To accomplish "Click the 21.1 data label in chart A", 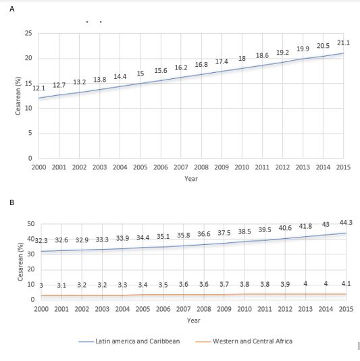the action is pos(343,43).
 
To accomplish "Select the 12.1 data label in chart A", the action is pos(38,88).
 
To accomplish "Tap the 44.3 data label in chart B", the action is pos(346,223).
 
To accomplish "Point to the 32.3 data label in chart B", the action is pos(41,241).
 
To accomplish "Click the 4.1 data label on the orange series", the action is pos(346,284).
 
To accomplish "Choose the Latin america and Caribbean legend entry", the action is pos(129,341).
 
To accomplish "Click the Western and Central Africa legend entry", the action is pos(244,341).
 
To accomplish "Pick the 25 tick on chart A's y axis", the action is pos(28,33).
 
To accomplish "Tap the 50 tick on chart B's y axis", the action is pos(30,224).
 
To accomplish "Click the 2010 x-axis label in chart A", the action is pos(242,167).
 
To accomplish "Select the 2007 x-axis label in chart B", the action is pos(184,309).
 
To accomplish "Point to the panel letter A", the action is pos(12,9).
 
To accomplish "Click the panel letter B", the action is pos(12,202).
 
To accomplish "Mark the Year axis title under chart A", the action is pos(191,179).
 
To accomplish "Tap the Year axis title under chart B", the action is pos(194,321).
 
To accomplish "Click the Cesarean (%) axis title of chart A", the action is pos(18,96).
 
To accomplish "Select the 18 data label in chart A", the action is pos(242,59).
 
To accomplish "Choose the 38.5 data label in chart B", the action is pos(245,231).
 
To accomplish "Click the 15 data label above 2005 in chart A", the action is pos(140,74).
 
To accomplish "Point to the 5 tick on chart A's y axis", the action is pos(30,133).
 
